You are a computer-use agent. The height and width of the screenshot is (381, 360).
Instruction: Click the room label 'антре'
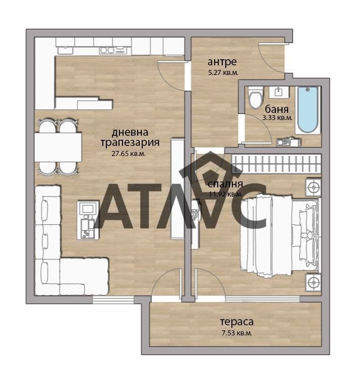pyautogui.click(x=222, y=62)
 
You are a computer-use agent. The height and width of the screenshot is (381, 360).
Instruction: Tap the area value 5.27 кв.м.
pyautogui.click(x=223, y=73)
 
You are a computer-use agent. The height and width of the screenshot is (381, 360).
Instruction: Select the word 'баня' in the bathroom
pyautogui.click(x=277, y=108)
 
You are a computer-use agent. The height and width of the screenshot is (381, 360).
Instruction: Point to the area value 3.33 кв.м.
pyautogui.click(x=277, y=118)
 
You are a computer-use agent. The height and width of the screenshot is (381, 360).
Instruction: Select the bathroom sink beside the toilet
pyautogui.click(x=278, y=92)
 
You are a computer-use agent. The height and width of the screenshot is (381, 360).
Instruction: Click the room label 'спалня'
pyautogui.click(x=226, y=184)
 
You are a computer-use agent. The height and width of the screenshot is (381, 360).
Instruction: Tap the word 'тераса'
pyautogui.click(x=236, y=322)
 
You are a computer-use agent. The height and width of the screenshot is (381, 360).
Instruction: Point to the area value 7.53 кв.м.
pyautogui.click(x=235, y=333)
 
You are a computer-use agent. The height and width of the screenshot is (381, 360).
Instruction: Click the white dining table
pyautogui.click(x=58, y=147)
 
